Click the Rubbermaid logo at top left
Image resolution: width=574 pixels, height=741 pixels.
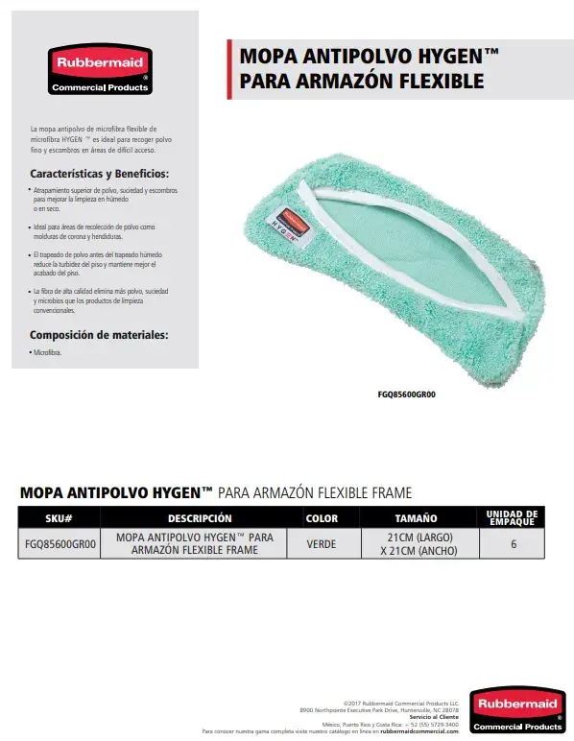tap(100, 69)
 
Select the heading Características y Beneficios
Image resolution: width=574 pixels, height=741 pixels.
tap(100, 175)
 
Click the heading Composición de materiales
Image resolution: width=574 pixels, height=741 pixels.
tap(99, 335)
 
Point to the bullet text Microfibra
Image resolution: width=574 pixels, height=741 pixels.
tap(48, 353)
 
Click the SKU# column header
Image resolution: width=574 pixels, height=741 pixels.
tap(60, 518)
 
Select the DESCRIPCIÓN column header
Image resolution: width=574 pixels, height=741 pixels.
tap(200, 518)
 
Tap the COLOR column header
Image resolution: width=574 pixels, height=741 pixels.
tap(321, 518)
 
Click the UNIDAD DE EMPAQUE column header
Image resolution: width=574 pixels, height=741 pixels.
tap(513, 518)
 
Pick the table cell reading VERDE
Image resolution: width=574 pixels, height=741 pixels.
tap(321, 544)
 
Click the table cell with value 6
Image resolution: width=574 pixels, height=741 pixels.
tap(514, 544)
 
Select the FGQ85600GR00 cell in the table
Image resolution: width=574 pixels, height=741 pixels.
tap(60, 544)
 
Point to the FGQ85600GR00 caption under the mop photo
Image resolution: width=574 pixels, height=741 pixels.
tap(414, 392)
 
